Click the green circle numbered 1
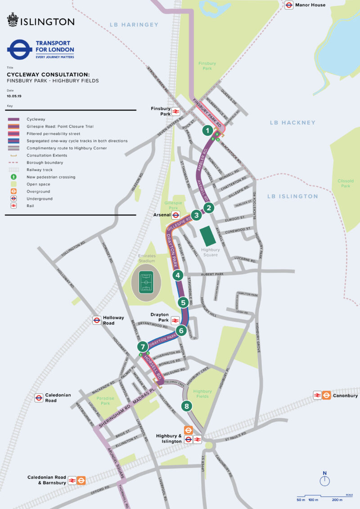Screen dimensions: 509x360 tap(207, 131)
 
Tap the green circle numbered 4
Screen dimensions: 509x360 tap(178, 275)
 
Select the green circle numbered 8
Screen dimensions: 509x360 tap(187, 406)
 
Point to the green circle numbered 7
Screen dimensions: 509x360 tap(143, 347)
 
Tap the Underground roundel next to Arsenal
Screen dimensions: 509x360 tap(176, 215)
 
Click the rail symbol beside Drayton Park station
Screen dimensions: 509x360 tap(176, 320)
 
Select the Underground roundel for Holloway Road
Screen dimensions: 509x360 tap(97, 320)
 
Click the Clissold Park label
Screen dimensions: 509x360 tap(346, 183)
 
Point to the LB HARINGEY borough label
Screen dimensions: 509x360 tap(135, 25)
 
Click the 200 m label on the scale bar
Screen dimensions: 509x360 tap(336, 500)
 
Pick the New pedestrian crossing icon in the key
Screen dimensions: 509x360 tap(14, 177)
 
